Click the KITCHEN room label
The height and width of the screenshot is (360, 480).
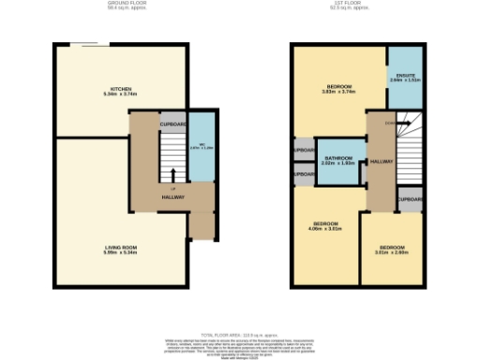click(120, 89)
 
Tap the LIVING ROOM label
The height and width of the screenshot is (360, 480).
click(120, 247)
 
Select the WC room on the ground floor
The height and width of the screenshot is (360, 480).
click(195, 146)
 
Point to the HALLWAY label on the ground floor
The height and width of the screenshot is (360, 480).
click(172, 197)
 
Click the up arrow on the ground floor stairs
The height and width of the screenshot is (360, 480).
click(172, 174)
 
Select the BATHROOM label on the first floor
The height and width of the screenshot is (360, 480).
click(337, 158)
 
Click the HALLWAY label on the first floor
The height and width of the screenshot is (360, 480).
click(381, 162)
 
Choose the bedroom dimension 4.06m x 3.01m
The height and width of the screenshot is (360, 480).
click(325, 229)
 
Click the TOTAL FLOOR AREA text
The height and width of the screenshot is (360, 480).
click(240, 332)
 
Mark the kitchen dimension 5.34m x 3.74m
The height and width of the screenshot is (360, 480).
click(120, 95)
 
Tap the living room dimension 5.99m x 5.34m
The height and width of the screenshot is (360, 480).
click(120, 252)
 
